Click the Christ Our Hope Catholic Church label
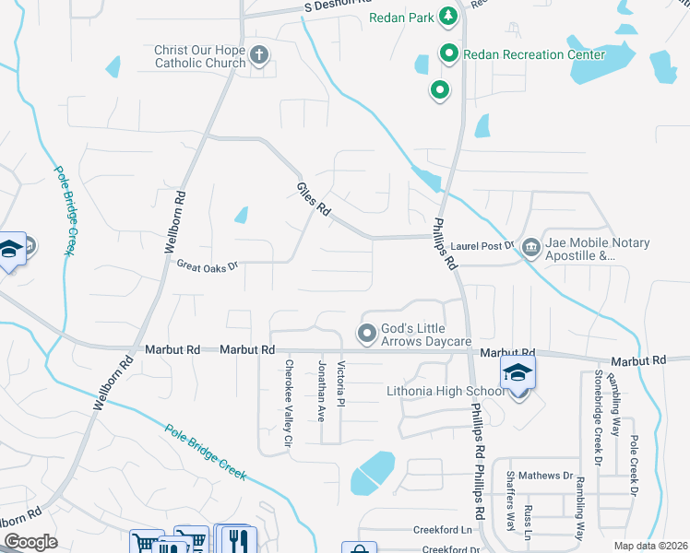200,55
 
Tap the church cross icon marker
259,55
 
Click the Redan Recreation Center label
533,54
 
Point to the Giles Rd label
314,199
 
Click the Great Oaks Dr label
208,265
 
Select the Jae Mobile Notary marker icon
530,247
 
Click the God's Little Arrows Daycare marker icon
366,333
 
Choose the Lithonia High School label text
446,391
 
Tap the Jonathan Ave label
322,392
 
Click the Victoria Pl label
341,385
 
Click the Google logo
30,542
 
